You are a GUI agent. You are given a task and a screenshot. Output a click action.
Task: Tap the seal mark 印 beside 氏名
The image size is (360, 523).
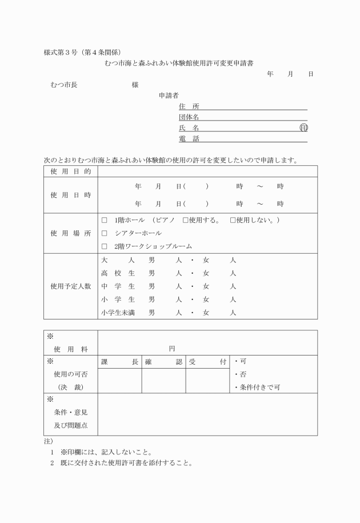pyautogui.click(x=303, y=128)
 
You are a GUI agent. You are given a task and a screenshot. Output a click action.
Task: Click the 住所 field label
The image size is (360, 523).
pyautogui.click(x=189, y=106)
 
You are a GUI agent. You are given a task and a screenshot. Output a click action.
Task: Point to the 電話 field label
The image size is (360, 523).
pyautogui.click(x=189, y=138)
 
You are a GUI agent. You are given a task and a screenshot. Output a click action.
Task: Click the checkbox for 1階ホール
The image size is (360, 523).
pyautogui.click(x=105, y=220)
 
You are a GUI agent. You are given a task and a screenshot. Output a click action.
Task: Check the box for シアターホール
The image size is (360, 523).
pyautogui.click(x=105, y=233)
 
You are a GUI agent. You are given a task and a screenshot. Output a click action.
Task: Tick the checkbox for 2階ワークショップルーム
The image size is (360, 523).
pyautogui.click(x=105, y=246)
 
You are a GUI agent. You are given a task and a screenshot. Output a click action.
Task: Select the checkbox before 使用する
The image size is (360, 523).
pyautogui.click(x=185, y=220)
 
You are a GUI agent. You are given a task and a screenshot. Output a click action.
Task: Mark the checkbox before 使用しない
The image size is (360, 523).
pyautogui.click(x=233, y=220)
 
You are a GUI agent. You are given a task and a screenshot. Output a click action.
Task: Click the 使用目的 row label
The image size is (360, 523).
pyautogui.click(x=70, y=171)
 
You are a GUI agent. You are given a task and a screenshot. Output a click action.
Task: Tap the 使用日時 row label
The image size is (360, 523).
pyautogui.click(x=70, y=195)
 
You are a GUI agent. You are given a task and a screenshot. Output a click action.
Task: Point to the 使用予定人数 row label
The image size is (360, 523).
pyautogui.click(x=70, y=286)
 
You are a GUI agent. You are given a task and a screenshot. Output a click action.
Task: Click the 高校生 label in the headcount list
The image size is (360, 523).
pyautogui.click(x=118, y=273)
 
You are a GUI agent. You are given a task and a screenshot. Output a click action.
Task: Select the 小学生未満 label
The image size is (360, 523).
pyautogui.click(x=120, y=313)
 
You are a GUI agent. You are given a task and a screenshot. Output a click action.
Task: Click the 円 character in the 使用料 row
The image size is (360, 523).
pyautogui.click(x=172, y=348)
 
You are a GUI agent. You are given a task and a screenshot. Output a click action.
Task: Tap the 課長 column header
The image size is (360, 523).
pyautogui.click(x=119, y=362)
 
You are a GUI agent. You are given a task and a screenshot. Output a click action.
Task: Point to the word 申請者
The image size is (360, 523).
pyautogui.click(x=169, y=95)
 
